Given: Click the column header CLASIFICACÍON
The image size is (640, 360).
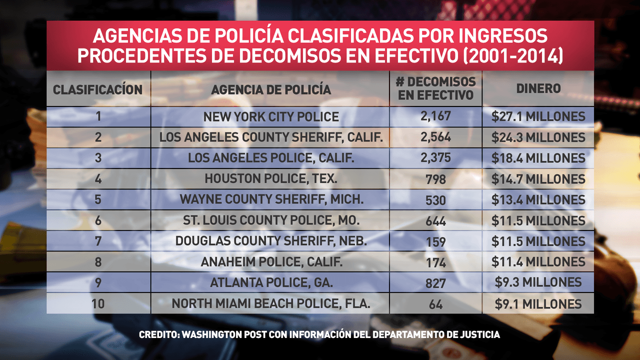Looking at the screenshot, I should click(98, 89).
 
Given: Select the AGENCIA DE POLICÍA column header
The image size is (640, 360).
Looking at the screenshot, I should click(271, 89).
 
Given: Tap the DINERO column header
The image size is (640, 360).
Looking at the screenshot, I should click(538, 88).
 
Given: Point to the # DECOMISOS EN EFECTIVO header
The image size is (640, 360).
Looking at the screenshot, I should click(435, 88).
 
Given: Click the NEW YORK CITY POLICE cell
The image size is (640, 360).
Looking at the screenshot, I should click(271, 117).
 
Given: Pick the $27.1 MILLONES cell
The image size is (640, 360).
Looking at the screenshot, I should click(538, 116).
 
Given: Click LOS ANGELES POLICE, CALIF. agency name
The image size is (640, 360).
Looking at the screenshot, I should click(271, 158).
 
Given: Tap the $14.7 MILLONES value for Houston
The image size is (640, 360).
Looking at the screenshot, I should click(538, 179).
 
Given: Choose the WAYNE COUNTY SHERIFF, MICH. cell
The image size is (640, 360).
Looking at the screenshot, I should click(271, 199).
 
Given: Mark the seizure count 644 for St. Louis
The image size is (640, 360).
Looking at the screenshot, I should click(436, 220).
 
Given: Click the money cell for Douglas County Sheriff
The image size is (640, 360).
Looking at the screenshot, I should click(538, 241).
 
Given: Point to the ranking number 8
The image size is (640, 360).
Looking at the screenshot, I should click(98, 261).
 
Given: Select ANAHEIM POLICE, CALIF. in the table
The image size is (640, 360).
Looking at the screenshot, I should click(271, 261).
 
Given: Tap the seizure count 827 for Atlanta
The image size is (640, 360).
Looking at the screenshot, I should click(436, 283).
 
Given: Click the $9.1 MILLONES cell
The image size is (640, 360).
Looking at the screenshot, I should click(538, 303).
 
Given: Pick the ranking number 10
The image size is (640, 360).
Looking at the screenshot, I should click(98, 303).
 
